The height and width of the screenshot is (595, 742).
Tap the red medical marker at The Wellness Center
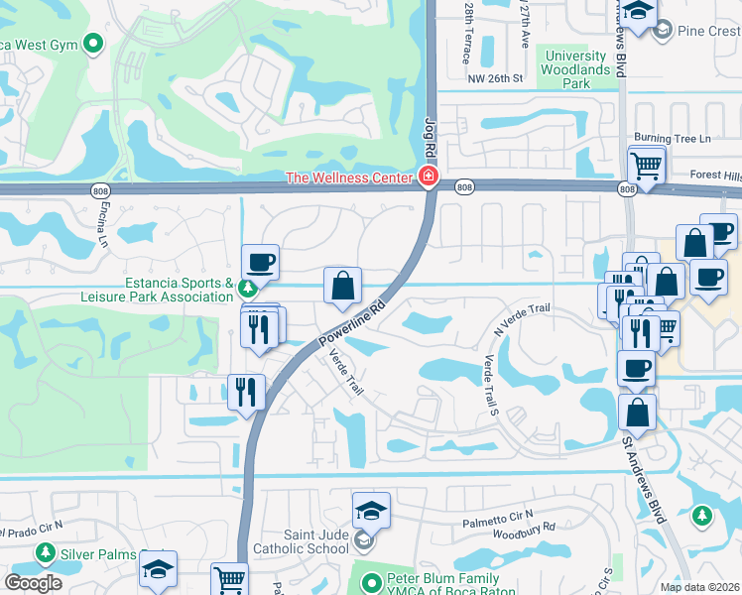click(x=428, y=178)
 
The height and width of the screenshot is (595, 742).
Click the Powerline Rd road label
click(x=351, y=319)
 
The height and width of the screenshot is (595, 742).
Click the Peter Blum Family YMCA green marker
click(x=371, y=583)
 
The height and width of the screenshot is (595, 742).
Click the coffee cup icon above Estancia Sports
click(x=260, y=262)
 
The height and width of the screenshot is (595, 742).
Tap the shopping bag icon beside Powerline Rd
click(x=342, y=286)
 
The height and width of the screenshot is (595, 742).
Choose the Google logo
click(x=34, y=583)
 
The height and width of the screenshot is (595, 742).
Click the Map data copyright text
click(x=699, y=587)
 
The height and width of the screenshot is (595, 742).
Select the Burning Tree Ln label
click(x=673, y=139)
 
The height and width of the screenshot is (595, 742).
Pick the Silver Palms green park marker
click(x=45, y=551)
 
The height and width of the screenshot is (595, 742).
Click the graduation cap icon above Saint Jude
click(x=371, y=511)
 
